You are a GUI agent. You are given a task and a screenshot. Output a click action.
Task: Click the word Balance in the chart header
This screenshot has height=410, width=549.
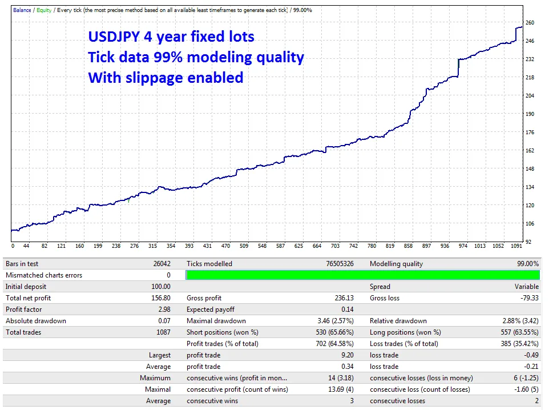(x=22, y=10)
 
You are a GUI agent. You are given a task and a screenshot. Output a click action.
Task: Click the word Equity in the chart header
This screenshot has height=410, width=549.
(x=44, y=10)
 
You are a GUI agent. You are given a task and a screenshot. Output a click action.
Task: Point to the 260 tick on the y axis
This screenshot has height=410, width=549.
(x=530, y=23)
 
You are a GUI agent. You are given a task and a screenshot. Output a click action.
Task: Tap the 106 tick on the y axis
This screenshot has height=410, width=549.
(x=530, y=224)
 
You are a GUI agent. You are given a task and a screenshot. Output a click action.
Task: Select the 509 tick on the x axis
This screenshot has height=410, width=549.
(x=244, y=247)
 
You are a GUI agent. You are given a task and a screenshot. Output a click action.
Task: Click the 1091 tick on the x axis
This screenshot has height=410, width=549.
(x=516, y=247)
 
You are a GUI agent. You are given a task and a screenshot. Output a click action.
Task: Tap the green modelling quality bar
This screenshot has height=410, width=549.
(x=362, y=275)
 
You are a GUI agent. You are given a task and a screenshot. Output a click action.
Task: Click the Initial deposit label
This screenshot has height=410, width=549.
(x=26, y=287)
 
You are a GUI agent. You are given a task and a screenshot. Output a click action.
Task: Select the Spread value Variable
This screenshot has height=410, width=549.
(x=526, y=287)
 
